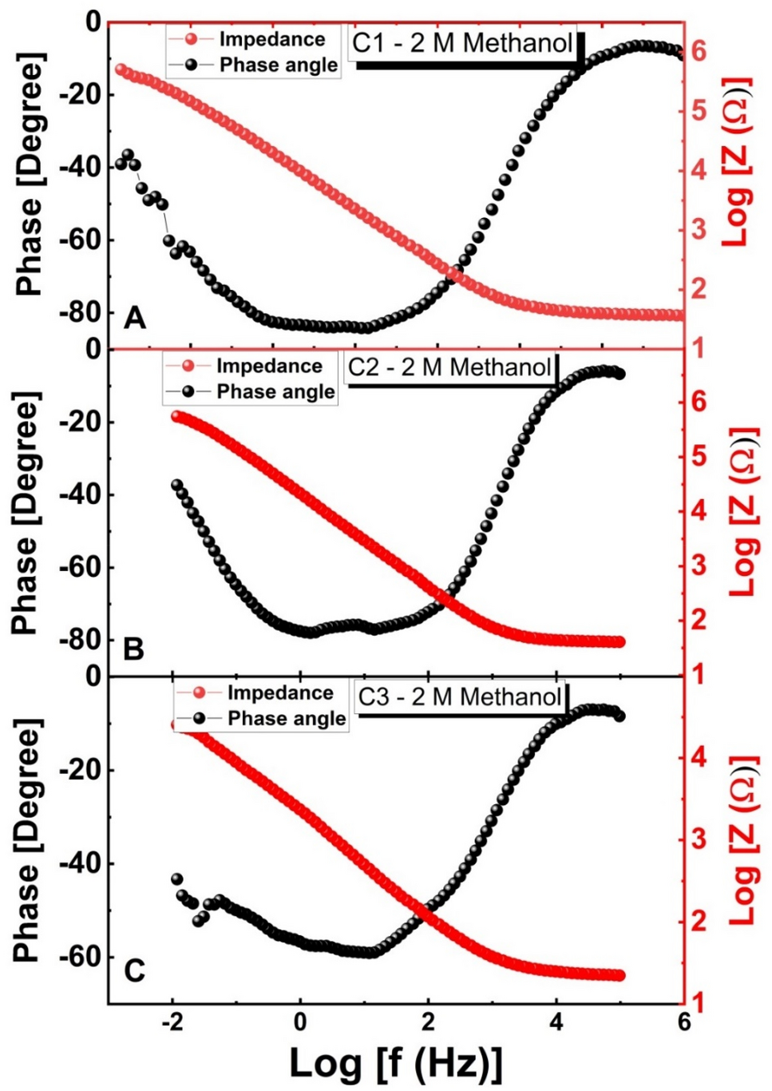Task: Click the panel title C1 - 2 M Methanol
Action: [x=462, y=42]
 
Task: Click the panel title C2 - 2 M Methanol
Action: [x=449, y=367]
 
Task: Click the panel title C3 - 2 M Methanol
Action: [x=459, y=696]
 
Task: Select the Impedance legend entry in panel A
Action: [x=271, y=39]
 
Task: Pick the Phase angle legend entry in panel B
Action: [x=275, y=391]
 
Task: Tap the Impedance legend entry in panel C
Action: [x=279, y=692]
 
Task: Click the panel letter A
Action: [x=135, y=318]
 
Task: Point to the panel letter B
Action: [x=133, y=648]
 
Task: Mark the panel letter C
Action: [x=134, y=970]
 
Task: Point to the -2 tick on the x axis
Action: [x=172, y=1022]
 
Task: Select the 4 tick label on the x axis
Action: [x=556, y=1022]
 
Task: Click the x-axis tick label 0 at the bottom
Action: [x=300, y=1022]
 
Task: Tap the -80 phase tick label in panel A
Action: [x=81, y=312]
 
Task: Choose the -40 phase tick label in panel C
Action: [x=81, y=863]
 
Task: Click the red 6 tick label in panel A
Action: [x=699, y=50]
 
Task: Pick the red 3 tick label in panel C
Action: [x=699, y=839]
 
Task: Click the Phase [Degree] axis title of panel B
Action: [x=26, y=513]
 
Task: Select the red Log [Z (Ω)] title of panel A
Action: [x=736, y=162]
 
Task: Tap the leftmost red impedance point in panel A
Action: [x=121, y=69]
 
